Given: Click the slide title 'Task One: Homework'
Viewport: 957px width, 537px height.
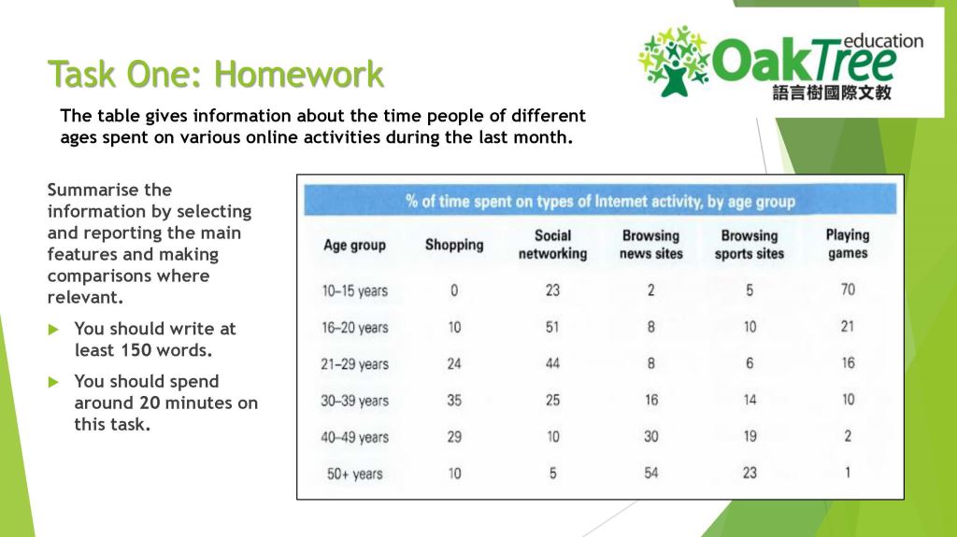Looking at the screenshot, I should [x=215, y=74].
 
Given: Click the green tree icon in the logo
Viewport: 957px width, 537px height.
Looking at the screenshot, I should [x=674, y=61].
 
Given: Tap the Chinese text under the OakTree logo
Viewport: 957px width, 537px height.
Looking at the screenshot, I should [x=832, y=93].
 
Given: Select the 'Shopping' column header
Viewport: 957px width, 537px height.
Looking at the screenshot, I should [x=454, y=245].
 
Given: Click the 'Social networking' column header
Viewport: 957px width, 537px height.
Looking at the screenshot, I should [x=552, y=245].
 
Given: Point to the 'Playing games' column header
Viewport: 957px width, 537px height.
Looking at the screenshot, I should [x=847, y=244].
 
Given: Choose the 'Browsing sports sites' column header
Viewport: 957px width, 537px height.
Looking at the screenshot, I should [x=749, y=245].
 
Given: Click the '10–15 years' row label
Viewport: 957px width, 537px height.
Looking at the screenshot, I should [x=354, y=290].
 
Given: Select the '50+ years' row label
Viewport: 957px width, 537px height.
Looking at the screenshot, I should [x=354, y=473].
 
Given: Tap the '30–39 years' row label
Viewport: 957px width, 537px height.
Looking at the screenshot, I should [x=354, y=401].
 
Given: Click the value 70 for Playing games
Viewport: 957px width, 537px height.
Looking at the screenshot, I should [x=847, y=290].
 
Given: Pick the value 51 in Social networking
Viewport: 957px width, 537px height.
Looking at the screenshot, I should [x=552, y=327].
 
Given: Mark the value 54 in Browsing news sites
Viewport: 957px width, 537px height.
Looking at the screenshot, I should [x=650, y=473].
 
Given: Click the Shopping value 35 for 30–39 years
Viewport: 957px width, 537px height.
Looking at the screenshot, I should [x=454, y=400].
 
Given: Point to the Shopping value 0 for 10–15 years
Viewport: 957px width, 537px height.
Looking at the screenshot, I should [x=454, y=290].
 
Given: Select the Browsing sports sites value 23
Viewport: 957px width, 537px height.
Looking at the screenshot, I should [x=749, y=473].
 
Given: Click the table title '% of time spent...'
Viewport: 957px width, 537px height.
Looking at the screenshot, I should [x=600, y=201].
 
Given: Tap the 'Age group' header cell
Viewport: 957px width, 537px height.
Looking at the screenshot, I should [x=354, y=245].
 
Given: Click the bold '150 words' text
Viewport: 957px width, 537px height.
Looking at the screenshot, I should [x=164, y=350].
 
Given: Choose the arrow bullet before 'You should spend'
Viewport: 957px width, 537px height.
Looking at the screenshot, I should [x=53, y=381].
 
